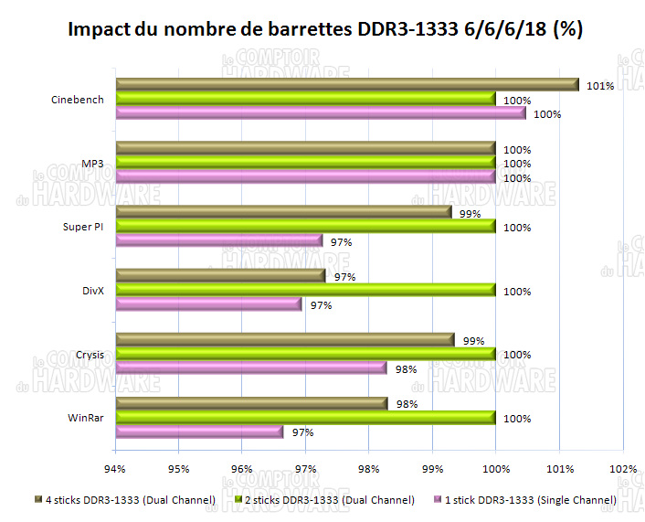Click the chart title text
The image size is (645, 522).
coord(325,29)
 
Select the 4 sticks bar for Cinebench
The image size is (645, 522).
coord(347,85)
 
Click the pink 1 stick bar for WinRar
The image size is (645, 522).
coord(199,432)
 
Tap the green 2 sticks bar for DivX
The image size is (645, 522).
coord(305,290)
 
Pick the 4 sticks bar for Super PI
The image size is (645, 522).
coord(283,212)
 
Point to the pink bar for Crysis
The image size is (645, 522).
coord(251,368)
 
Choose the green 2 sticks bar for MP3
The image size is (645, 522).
coord(305,163)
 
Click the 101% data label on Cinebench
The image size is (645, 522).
coord(599,86)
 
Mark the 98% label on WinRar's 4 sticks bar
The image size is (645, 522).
coord(408,404)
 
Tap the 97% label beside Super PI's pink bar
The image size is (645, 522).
coord(341,242)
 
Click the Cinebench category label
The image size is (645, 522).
coord(77,100)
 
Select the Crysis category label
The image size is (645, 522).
coord(90,355)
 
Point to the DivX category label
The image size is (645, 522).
coord(92,291)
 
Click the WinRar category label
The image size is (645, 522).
coord(86,419)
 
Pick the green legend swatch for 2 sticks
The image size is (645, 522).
coord(238,500)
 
